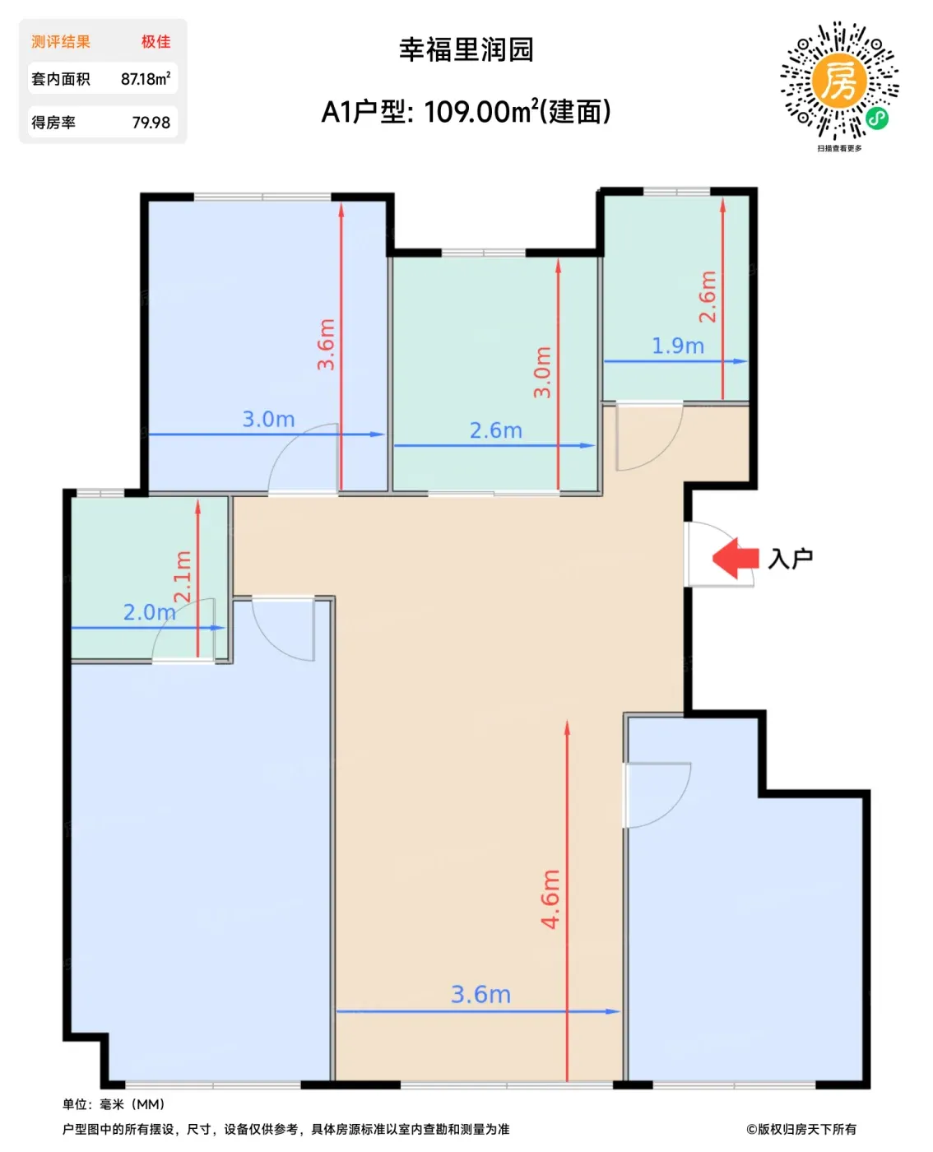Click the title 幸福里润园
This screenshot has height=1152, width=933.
coord(466,49)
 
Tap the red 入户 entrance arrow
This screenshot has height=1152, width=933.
coord(735,558)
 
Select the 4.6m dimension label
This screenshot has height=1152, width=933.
coord(550,899)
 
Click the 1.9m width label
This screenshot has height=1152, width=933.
coord(678,346)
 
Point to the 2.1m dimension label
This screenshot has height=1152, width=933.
coord(183,577)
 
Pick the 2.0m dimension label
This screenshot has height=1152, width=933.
coord(150,612)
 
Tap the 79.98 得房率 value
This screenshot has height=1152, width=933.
coord(151,123)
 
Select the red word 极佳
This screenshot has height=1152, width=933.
coord(155,42)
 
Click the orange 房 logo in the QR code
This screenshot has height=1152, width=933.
coord(839,80)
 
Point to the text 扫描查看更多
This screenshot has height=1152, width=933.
coord(839,148)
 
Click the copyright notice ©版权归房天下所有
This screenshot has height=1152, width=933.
coord(801,1129)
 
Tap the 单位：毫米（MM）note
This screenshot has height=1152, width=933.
coord(114,1104)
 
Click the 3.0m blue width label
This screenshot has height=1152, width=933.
coord(268,419)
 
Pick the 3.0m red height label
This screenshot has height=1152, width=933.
coord(542,372)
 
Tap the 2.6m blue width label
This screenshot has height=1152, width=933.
coord(496,430)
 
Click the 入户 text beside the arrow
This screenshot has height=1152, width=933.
coord(790,559)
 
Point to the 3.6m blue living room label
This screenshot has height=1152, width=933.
coord(480,995)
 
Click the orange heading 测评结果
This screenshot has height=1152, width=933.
coord(61,42)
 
